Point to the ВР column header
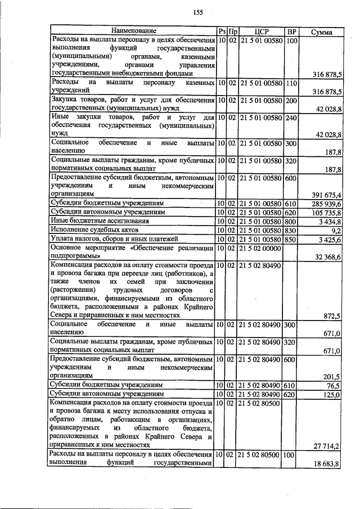(291, 31)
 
